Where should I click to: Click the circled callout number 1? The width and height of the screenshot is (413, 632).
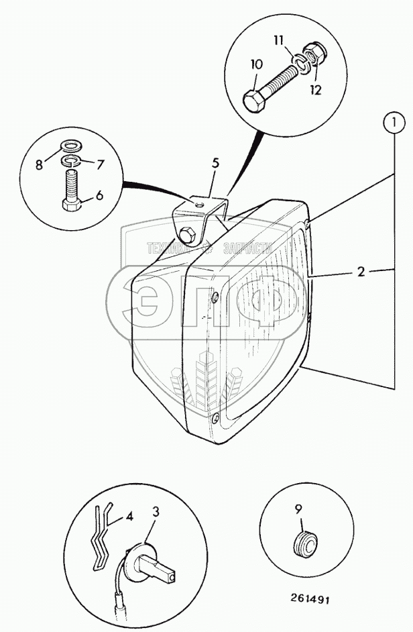tap(395, 123)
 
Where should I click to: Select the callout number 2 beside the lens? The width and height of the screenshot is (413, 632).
tap(361, 272)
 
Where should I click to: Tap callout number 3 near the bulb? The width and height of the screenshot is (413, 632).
tap(156, 512)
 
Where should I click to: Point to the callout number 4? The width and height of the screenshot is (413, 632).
tap(129, 517)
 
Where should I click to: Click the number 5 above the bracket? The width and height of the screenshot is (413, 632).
tap(215, 162)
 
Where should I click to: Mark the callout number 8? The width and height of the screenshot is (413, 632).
tap(39, 164)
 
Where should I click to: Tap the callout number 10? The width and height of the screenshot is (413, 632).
tap(257, 65)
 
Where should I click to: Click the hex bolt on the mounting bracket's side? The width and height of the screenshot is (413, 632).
tap(186, 235)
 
